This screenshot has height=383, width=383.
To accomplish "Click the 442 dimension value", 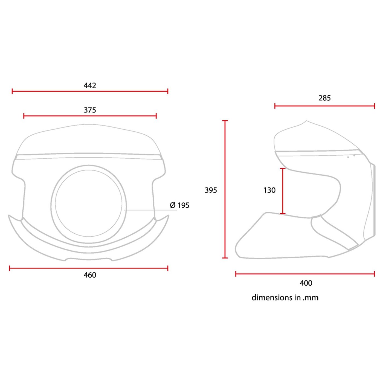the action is (90, 85).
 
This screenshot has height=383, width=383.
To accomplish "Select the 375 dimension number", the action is (90, 110).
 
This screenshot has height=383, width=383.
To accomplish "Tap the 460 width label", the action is (90, 275).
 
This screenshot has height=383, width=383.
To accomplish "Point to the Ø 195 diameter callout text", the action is (179, 205).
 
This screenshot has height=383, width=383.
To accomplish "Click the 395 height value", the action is (211, 190).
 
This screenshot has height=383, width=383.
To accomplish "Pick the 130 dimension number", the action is (269, 190).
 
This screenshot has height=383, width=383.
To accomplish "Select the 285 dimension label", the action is (324, 98).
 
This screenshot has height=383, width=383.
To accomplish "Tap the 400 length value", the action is (306, 283).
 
